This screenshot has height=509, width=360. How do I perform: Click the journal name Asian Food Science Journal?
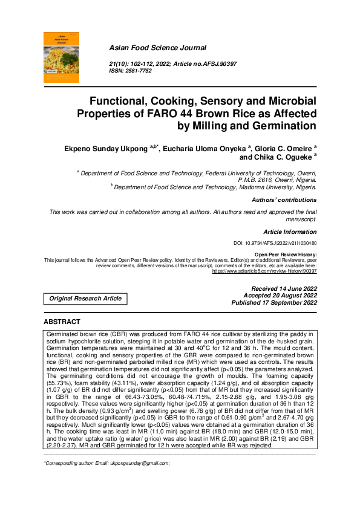[x=157, y=48]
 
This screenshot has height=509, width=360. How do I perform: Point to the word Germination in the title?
[x=280, y=126]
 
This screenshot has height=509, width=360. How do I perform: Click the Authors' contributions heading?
[x=285, y=199]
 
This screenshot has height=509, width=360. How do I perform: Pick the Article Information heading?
[x=290, y=232]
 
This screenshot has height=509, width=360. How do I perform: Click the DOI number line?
[x=275, y=243]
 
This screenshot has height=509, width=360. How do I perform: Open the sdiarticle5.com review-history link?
[x=264, y=271]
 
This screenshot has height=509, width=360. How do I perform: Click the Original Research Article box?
[x=85, y=298]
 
